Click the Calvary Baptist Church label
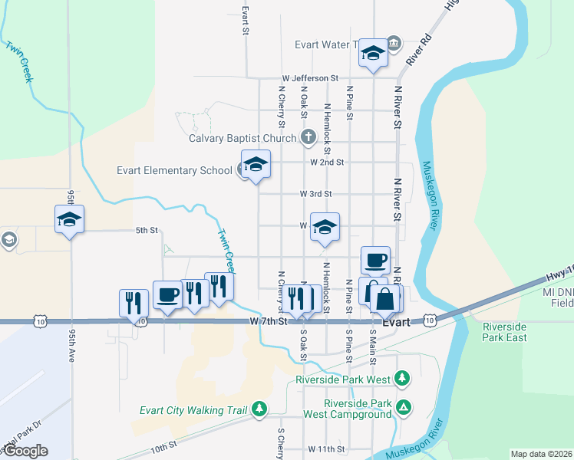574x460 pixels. [x=242, y=139]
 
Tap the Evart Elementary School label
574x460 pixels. [x=174, y=170]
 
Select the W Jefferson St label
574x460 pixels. [x=310, y=78]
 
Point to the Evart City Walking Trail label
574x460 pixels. [x=193, y=410]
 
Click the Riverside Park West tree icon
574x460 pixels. [x=401, y=378]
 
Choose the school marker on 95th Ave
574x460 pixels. [x=70, y=220]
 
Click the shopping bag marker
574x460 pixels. [x=385, y=299]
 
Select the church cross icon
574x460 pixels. [x=308, y=138]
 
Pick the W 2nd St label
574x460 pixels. [x=327, y=163]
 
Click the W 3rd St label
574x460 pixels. [x=315, y=194]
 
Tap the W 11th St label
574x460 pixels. [x=326, y=448]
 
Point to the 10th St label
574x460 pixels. [x=163, y=444]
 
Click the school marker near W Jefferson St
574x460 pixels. [x=373, y=54]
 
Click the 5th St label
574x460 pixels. [x=147, y=230]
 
